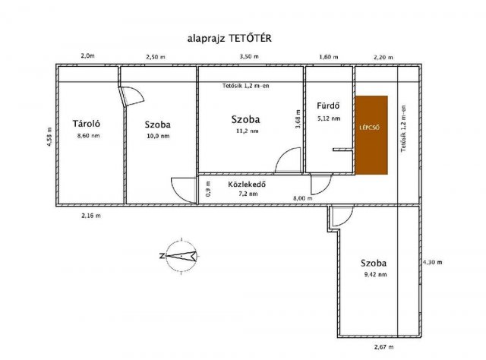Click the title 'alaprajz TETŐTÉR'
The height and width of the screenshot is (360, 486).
pos(226,37)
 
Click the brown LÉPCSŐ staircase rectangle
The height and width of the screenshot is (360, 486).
pos(373,134)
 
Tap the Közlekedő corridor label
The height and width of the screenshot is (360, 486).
pos(247,184)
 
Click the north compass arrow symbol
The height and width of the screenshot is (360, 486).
pos(181,255)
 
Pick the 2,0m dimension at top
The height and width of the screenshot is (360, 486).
pos(87,56)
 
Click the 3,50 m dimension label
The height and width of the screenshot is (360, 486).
pos(248,56)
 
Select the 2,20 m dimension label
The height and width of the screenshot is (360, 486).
pos(385,56)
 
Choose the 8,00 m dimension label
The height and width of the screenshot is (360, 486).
pos(301,198)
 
